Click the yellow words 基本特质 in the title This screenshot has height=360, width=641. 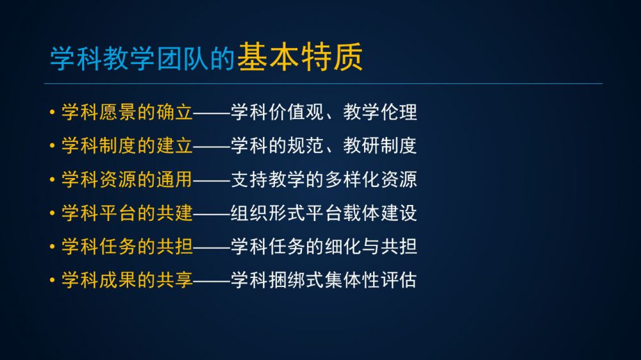pos(299,57)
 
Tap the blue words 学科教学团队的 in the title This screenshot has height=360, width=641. pos(142,58)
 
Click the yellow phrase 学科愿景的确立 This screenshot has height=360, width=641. pos(127,112)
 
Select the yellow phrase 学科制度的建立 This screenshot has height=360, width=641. pos(127,145)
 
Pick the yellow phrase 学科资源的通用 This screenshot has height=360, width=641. pos(127,179)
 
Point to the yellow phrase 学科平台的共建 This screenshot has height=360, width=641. pos(127,213)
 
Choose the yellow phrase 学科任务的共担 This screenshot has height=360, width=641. pos(127,247)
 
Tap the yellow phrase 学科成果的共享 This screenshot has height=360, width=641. pos(127,280)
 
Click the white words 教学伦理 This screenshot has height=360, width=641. pos(380,112)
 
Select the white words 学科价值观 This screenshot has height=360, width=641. pos(277,112)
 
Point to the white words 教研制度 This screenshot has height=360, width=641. pos(380,145)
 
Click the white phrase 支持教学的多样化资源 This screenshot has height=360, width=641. pos(324,179)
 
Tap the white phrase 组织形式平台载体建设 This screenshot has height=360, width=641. pos(324,213)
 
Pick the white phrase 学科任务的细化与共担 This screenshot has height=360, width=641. pos(324,247)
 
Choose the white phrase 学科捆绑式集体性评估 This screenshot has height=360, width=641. pos(324,280)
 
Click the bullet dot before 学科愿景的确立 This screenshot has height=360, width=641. pos(52,112)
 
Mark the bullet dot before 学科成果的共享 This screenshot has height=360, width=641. pos(52,281)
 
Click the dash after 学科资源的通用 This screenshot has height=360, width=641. pos(212,180)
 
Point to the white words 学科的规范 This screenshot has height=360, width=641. pos(277,145)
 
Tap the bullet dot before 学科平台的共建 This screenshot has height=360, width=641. pos(52,213)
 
